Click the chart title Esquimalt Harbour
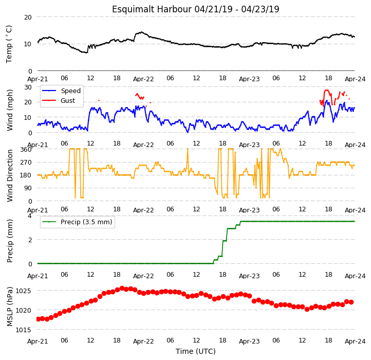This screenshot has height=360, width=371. pyautogui.click(x=152, y=9)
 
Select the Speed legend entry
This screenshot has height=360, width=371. pyautogui.click(x=62, y=91)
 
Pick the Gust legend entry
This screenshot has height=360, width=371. pyautogui.click(x=59, y=100)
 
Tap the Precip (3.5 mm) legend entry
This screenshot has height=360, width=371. pyautogui.click(x=77, y=222)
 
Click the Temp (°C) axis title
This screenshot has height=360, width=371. pyautogui.click(x=9, y=44)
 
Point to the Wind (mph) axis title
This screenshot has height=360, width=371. pyautogui.click(x=10, y=110)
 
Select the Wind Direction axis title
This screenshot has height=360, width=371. pyautogui.click(x=10, y=176)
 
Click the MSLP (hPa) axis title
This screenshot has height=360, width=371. pyautogui.click(x=10, y=307)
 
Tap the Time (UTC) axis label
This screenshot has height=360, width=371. pyautogui.click(x=196, y=351)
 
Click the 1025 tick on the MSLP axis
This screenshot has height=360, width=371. pyautogui.click(x=23, y=291)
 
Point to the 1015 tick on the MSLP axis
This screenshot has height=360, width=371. pyautogui.click(x=23, y=330)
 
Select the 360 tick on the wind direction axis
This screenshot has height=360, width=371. pyautogui.click(x=26, y=150)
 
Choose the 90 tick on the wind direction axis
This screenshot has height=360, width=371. pyautogui.click(x=28, y=188)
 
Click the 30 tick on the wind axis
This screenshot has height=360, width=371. pyautogui.click(x=28, y=87)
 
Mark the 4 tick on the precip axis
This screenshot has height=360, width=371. pyautogui.click(x=30, y=216)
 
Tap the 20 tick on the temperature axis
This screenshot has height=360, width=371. pyautogui.click(x=28, y=17)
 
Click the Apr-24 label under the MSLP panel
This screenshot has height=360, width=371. pyautogui.click(x=355, y=341)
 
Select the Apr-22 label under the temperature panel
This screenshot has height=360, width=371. pyautogui.click(x=143, y=79)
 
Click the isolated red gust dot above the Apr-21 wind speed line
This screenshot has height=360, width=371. pyautogui.click(x=99, y=101)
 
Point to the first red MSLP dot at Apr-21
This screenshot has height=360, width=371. pyautogui.click(x=38, y=319)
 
